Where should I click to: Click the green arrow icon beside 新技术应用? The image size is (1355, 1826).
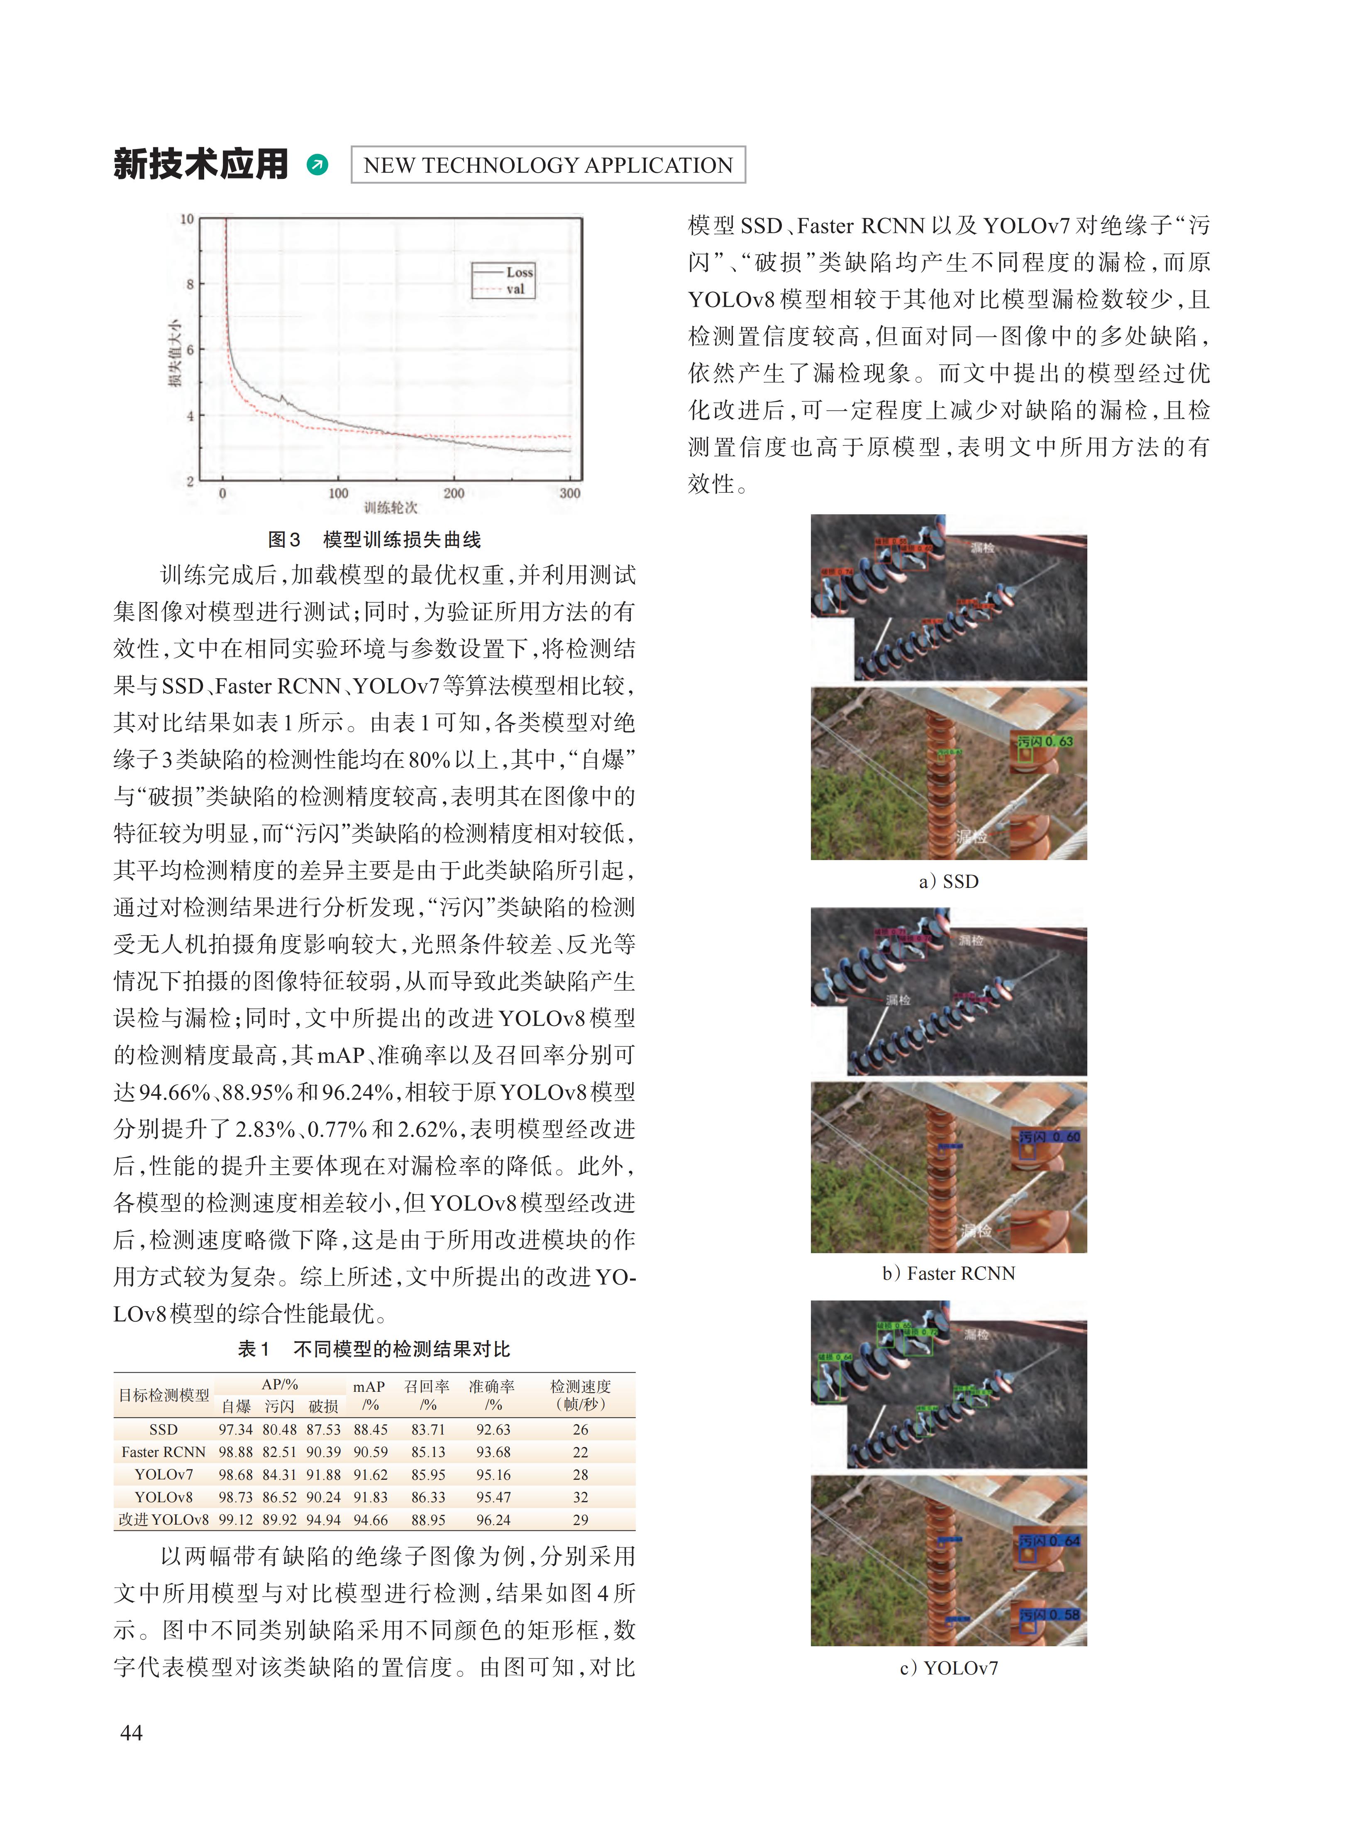[317, 165]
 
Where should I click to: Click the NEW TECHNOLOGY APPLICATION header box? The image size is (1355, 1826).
[548, 165]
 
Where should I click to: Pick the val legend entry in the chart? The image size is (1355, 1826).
[515, 289]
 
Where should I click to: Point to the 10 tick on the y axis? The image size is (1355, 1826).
[187, 219]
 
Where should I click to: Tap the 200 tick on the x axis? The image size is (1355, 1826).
[454, 493]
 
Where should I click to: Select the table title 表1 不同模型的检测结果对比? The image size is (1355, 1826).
[374, 1349]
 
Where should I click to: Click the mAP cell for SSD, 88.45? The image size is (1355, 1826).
[371, 1429]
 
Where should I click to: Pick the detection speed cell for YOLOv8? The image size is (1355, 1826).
[581, 1497]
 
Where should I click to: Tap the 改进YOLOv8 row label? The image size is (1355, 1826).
[164, 1519]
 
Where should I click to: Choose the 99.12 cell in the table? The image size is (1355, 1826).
[235, 1519]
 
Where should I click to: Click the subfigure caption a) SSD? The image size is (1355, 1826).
[949, 881]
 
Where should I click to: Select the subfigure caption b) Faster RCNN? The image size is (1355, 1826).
[949, 1273]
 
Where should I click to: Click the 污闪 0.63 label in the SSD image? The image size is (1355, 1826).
[1045, 741]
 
